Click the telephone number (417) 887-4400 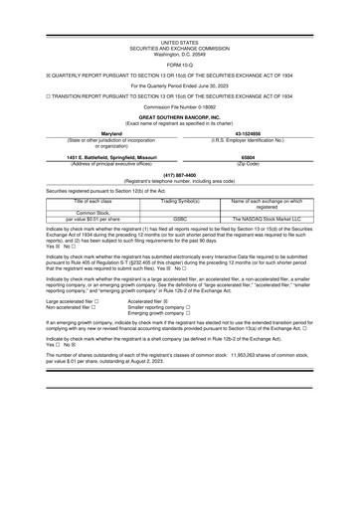pyautogui.click(x=179, y=177)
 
